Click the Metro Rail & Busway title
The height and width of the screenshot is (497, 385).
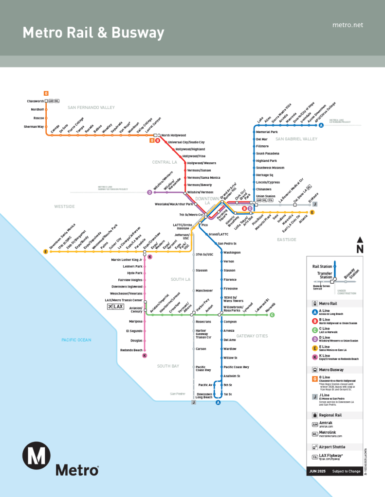93,33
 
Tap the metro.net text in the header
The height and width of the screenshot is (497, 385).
348,25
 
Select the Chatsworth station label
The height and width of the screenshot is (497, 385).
35,101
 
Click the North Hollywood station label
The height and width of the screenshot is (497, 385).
174,136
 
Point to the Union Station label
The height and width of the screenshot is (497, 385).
266,196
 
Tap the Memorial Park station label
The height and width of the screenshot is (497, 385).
267,132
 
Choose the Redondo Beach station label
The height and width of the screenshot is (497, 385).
131,350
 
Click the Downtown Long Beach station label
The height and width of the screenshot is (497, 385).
204,395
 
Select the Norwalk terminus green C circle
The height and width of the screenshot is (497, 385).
272,315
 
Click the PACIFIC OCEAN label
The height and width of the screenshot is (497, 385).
76,340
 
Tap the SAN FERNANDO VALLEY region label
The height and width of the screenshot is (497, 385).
91,107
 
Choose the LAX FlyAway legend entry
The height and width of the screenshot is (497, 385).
331,456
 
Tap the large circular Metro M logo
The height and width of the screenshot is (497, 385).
37,455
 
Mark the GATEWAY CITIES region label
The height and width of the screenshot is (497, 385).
252,336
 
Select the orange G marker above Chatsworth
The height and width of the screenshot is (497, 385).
46,93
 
